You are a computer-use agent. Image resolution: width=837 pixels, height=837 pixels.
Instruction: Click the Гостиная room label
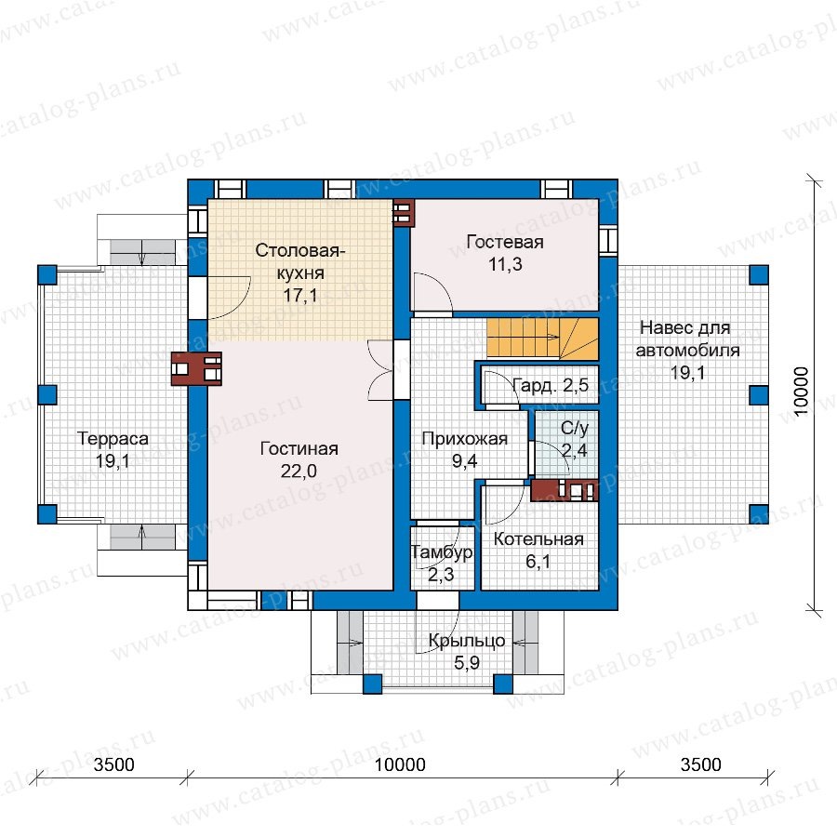tap(299, 448)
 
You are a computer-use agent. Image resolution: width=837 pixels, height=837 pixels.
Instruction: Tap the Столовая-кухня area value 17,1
tap(300, 295)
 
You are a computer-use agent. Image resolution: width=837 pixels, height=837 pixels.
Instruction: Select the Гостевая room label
tap(505, 242)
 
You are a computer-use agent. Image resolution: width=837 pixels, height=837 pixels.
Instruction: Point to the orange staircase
tap(542, 339)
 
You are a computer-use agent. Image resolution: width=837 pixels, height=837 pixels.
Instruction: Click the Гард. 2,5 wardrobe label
tap(551, 385)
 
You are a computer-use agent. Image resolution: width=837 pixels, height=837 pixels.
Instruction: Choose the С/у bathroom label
tap(575, 428)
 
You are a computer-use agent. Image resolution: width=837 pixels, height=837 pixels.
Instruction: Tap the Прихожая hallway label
tap(464, 438)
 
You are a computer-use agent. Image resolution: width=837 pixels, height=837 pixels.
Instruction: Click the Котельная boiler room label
tap(538, 539)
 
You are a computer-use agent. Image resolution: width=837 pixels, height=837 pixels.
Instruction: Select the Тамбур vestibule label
tap(442, 551)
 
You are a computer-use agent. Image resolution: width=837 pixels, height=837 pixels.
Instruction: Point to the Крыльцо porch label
tap(467, 641)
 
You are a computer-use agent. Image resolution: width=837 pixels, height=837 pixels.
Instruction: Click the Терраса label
tap(113, 439)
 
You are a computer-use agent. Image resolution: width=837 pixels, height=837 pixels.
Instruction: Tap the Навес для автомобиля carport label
tap(687, 339)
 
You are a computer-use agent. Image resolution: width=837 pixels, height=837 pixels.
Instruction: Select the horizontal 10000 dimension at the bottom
tap(400, 764)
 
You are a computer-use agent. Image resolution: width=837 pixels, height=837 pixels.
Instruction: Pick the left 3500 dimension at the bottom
tap(113, 764)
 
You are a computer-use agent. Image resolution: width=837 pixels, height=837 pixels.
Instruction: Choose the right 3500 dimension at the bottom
tap(701, 764)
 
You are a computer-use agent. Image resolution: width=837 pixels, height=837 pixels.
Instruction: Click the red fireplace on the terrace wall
tap(196, 368)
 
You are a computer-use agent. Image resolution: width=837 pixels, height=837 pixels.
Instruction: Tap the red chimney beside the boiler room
tap(565, 490)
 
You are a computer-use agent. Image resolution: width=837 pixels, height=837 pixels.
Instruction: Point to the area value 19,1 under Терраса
tap(113, 460)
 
